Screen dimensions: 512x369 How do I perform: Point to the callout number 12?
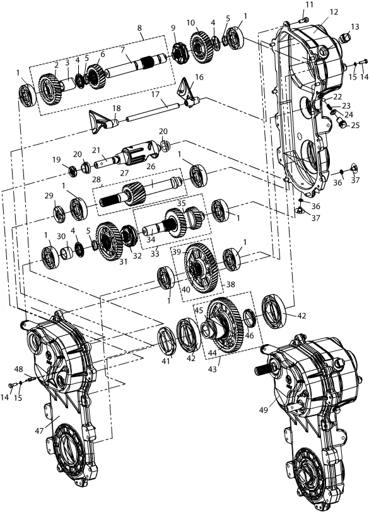334,12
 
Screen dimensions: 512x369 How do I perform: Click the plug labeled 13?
345,40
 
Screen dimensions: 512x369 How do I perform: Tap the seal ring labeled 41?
168,341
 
